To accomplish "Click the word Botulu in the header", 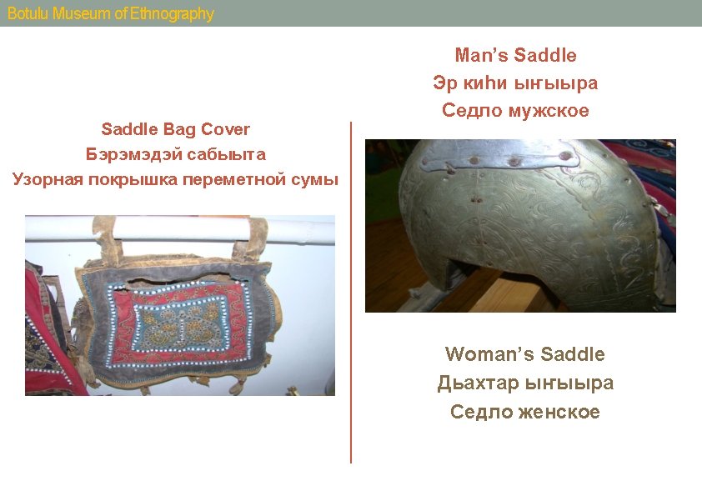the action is point(28,13).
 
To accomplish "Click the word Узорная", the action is point(48,179).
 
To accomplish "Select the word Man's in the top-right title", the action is point(481,55).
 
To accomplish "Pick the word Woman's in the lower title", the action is point(490,354).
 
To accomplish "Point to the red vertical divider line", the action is point(351,293).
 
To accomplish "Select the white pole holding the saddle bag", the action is point(180,230).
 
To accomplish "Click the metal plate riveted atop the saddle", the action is point(498,155).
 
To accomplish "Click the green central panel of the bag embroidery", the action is point(180,323).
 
